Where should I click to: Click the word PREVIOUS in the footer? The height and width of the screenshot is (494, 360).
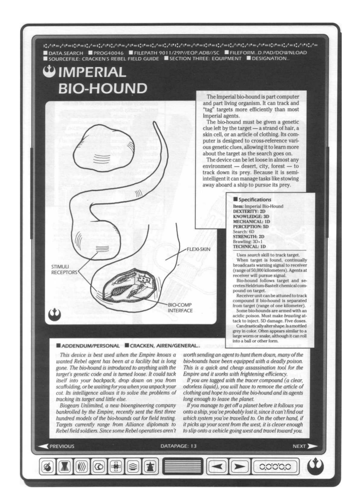[62, 446]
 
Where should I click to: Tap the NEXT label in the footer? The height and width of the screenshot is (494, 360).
[299, 446]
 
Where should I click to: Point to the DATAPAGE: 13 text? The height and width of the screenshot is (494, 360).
[178, 446]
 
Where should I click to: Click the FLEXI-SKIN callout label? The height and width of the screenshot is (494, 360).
[199, 249]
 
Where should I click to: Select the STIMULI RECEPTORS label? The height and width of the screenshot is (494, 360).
[60, 269]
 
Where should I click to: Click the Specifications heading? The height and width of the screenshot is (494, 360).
[255, 200]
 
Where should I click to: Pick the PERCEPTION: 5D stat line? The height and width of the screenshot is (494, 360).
[251, 227]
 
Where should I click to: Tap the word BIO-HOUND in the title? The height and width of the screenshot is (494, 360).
[103, 88]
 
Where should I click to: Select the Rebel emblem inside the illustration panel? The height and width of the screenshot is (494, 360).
[54, 315]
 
